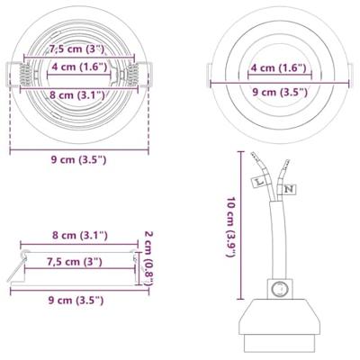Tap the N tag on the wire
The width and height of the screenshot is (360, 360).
point(288,189)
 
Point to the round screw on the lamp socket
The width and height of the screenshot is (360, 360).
point(281,290)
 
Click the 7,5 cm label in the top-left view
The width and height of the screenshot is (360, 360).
point(76,49)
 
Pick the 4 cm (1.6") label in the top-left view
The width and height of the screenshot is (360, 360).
point(79,67)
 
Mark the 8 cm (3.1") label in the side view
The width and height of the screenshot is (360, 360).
point(79,236)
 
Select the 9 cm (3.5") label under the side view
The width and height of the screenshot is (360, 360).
point(79,300)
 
